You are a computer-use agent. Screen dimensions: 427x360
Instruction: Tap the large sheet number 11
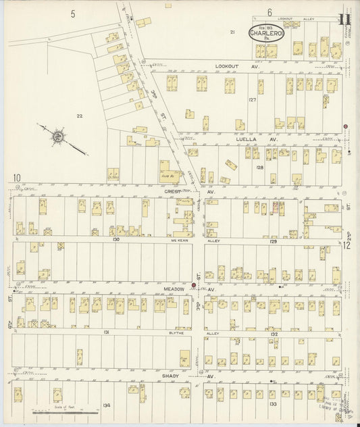click(x=345, y=13)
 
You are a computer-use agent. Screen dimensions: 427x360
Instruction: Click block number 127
click(x=253, y=99)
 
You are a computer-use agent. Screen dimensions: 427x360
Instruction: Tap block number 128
click(x=258, y=166)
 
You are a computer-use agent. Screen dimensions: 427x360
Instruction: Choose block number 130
click(x=116, y=239)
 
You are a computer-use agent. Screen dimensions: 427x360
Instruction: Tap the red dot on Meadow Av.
click(x=193, y=285)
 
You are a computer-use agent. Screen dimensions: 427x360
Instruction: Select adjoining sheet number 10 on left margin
click(x=16, y=178)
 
